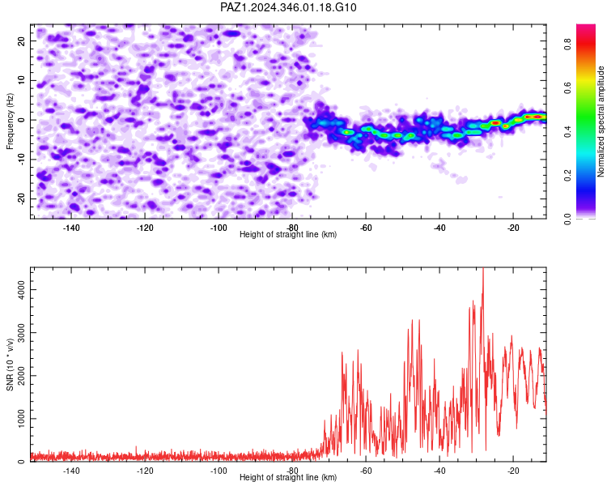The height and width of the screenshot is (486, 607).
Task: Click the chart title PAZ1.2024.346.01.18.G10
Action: pyautogui.click(x=288, y=7)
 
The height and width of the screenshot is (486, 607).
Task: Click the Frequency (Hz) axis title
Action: pyautogui.click(x=10, y=122)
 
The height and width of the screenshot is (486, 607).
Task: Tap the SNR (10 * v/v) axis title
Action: pyautogui.click(x=10, y=364)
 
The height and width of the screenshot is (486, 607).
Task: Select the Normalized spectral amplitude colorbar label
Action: pyautogui.click(x=601, y=122)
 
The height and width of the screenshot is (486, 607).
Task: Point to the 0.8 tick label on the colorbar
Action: pyautogui.click(x=567, y=44)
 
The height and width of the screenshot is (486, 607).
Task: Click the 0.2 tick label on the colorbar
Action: pyautogui.click(x=567, y=175)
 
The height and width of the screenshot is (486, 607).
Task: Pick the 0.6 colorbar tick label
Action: pyautogui.click(x=567, y=87)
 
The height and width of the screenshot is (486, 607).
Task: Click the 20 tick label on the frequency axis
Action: pyautogui.click(x=22, y=40)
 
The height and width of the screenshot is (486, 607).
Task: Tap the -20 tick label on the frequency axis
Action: pyautogui.click(x=22, y=198)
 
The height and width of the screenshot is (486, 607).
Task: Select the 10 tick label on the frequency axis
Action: pyautogui.click(x=22, y=80)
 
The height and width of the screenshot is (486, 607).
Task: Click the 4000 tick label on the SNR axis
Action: pyautogui.click(x=22, y=289)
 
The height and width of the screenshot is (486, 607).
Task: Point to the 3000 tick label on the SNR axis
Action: pyautogui.click(x=22, y=332)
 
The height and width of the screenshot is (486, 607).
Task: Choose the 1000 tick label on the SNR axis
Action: pyautogui.click(x=22, y=419)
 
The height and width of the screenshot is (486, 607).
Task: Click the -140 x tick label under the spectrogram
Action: pyautogui.click(x=70, y=228)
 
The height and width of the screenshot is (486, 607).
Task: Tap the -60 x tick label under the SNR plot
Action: pyautogui.click(x=366, y=471)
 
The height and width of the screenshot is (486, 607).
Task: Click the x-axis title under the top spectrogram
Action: pyautogui.click(x=288, y=234)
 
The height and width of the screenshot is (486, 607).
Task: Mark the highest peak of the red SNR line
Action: pyautogui.click(x=483, y=268)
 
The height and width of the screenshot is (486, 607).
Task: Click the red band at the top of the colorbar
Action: pyautogui.click(x=586, y=44)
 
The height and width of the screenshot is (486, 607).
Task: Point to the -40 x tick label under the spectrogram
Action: pyautogui.click(x=439, y=228)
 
